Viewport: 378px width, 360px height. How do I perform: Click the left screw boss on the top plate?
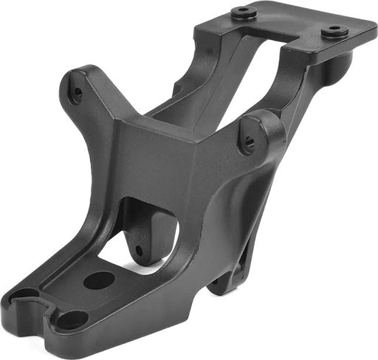tap(244, 13)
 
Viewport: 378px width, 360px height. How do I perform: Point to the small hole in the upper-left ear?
tap(76, 93)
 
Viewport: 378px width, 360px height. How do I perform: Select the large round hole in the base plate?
tap(99, 280)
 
